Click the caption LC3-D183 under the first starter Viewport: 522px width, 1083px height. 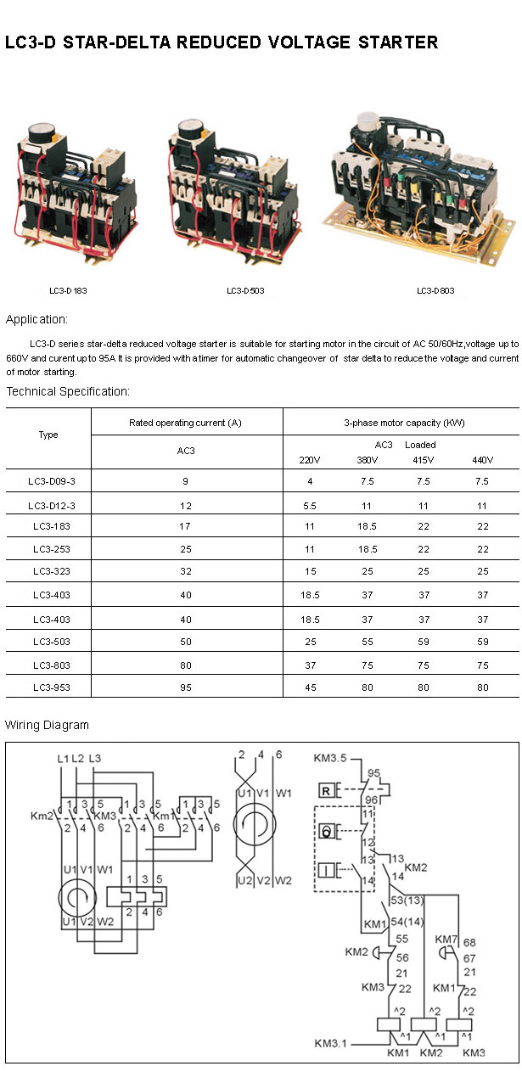click(x=68, y=291)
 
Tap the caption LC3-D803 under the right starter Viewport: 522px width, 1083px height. click(x=435, y=291)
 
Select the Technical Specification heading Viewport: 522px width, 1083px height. click(x=68, y=391)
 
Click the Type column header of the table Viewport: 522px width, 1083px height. click(x=48, y=435)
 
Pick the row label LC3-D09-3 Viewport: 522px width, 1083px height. click(x=48, y=482)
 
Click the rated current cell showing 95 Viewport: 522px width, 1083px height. click(x=186, y=687)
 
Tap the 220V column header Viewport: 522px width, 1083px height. click(x=311, y=460)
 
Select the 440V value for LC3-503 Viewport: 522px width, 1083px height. click(x=482, y=641)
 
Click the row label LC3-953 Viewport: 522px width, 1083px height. click(x=48, y=687)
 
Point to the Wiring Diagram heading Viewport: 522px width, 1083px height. click(x=47, y=725)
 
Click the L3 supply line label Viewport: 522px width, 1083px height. click(x=94, y=758)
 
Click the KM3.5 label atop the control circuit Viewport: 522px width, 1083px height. click(x=330, y=758)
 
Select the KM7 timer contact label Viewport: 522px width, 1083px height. click(x=446, y=940)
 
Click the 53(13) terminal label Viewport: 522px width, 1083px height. click(x=407, y=900)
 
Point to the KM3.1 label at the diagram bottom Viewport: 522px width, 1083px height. click(x=330, y=1043)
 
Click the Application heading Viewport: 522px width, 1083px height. click(x=36, y=319)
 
